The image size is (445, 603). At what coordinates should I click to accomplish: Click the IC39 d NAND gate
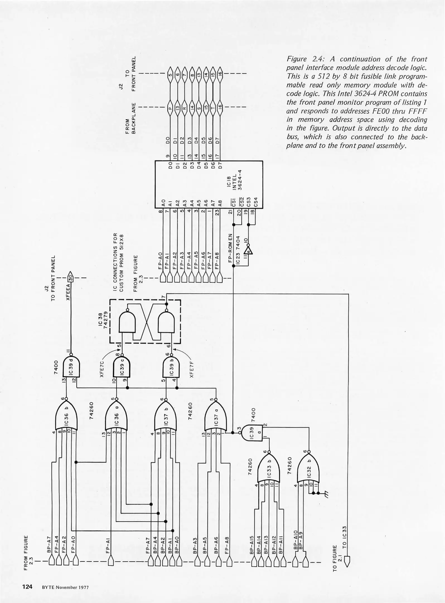[x=71, y=366]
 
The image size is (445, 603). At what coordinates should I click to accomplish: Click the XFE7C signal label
[x=102, y=369]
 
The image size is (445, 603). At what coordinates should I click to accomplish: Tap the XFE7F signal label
[x=192, y=369]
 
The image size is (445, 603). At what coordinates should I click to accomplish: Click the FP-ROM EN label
[x=230, y=248]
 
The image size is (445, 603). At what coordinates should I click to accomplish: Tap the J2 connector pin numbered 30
[x=71, y=278]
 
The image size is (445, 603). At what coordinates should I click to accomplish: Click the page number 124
[x=27, y=587]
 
